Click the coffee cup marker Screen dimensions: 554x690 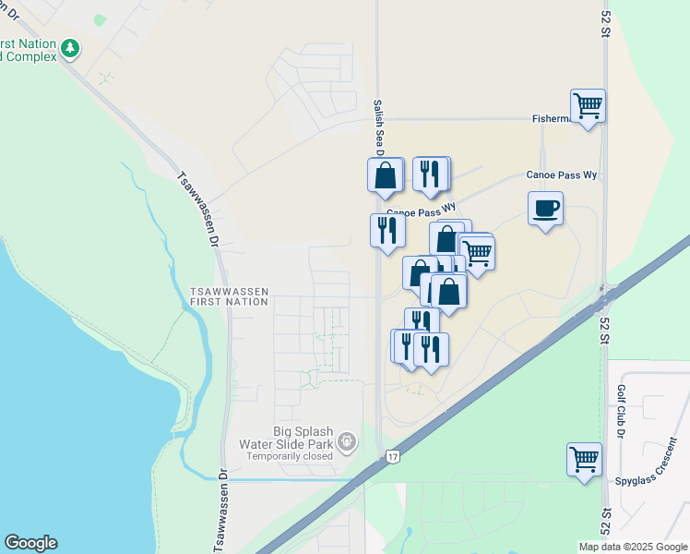pos(545,208)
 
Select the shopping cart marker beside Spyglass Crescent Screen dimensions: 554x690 pos(584,459)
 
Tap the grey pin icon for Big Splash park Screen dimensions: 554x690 pos(346,443)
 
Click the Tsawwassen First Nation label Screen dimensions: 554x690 pos(229,295)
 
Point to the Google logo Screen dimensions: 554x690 pos(30,543)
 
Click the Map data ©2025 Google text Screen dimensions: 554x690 pos(632,547)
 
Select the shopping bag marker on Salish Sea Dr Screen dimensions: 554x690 pos(385,175)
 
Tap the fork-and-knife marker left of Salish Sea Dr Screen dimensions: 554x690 pos(387,230)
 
